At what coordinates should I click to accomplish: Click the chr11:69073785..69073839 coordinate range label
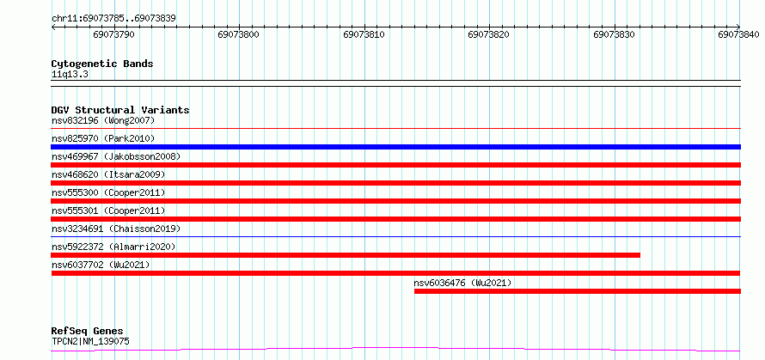[x=113, y=19]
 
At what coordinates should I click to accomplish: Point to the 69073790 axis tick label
[x=114, y=34]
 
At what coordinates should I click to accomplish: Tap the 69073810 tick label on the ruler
[x=364, y=34]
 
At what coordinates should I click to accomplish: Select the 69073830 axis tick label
[x=615, y=34]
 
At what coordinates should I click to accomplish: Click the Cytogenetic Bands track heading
[x=102, y=64]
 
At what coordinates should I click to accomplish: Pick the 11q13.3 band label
[x=70, y=75]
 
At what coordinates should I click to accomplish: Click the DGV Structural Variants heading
[x=120, y=110]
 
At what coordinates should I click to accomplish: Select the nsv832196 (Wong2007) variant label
[x=103, y=120]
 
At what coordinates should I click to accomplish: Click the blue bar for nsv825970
[x=395, y=147]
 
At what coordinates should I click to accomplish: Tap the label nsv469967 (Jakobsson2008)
[x=116, y=156]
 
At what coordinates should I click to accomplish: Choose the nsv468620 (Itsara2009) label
[x=108, y=174]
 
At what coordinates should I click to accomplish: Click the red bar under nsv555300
[x=395, y=201]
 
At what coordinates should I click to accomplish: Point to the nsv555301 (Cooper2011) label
[x=108, y=211]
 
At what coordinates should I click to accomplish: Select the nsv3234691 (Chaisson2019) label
[x=116, y=229]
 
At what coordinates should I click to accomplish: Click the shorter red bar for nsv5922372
[x=346, y=255]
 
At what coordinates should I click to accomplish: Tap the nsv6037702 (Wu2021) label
[x=101, y=265]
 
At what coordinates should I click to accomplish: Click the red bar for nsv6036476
[x=577, y=291]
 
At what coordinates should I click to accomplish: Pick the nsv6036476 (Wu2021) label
[x=462, y=283]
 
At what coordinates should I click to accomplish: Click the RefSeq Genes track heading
[x=88, y=332]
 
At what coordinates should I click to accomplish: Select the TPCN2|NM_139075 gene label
[x=90, y=341]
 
